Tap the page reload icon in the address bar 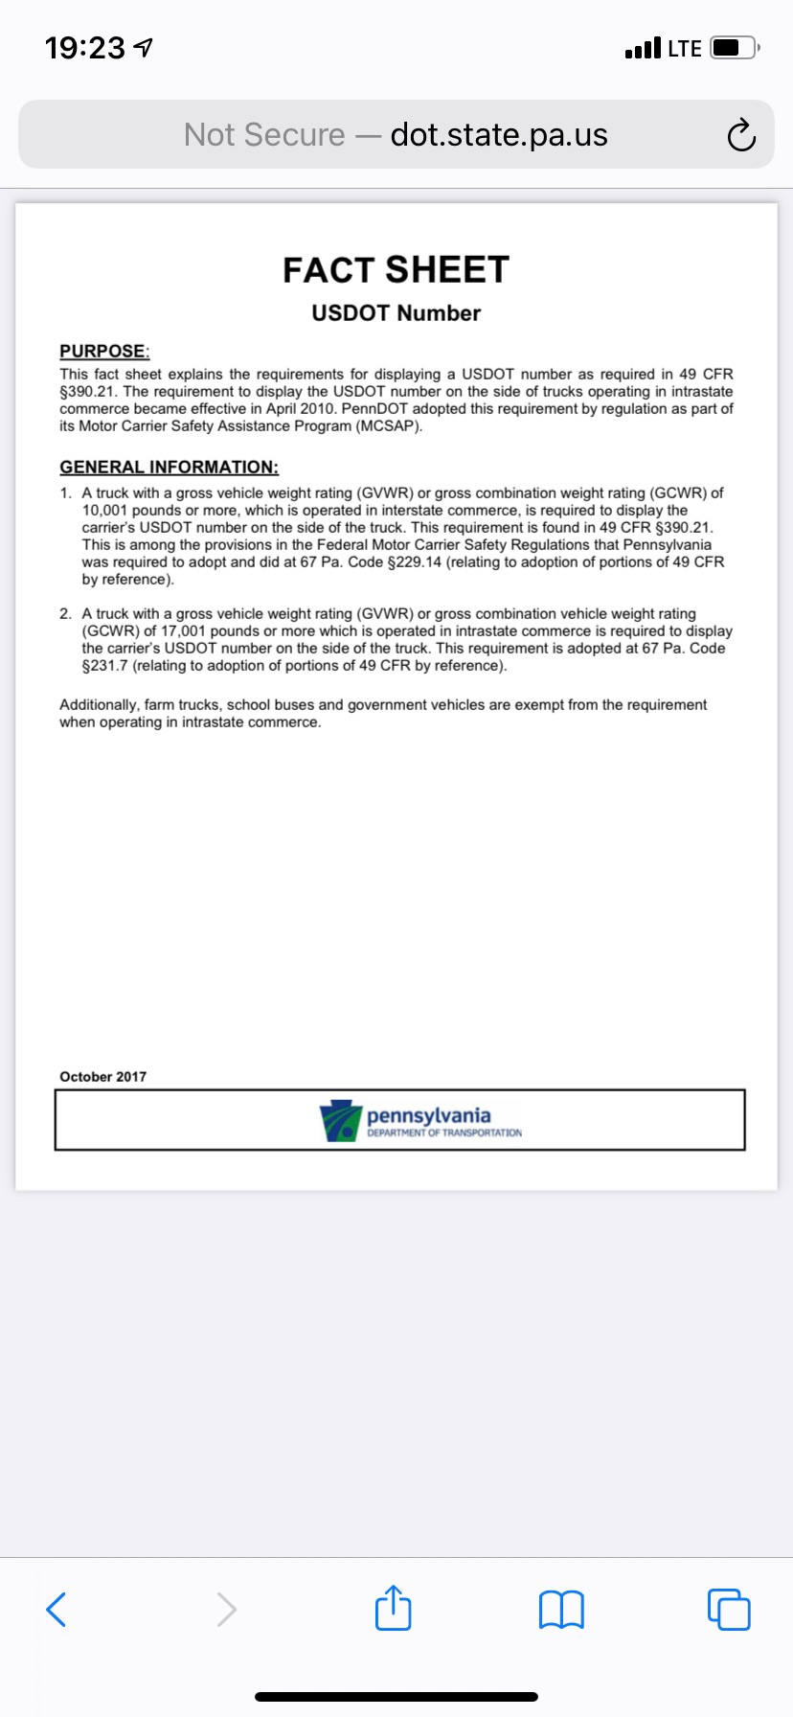[x=740, y=136]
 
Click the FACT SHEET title [x=396, y=270]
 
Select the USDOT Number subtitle [x=396, y=313]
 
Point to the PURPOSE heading [x=104, y=351]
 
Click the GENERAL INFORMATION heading [x=169, y=467]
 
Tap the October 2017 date [x=102, y=1077]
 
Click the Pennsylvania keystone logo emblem [x=340, y=1120]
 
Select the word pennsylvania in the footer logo [x=428, y=1115]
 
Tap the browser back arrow [x=57, y=1609]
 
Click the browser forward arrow [x=226, y=1609]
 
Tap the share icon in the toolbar [x=393, y=1608]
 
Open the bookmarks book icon [x=561, y=1609]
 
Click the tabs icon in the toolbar [x=729, y=1609]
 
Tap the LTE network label [x=684, y=48]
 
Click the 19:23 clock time [x=85, y=48]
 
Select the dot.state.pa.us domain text [x=499, y=135]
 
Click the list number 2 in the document [x=64, y=614]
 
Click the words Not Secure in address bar [x=264, y=135]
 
